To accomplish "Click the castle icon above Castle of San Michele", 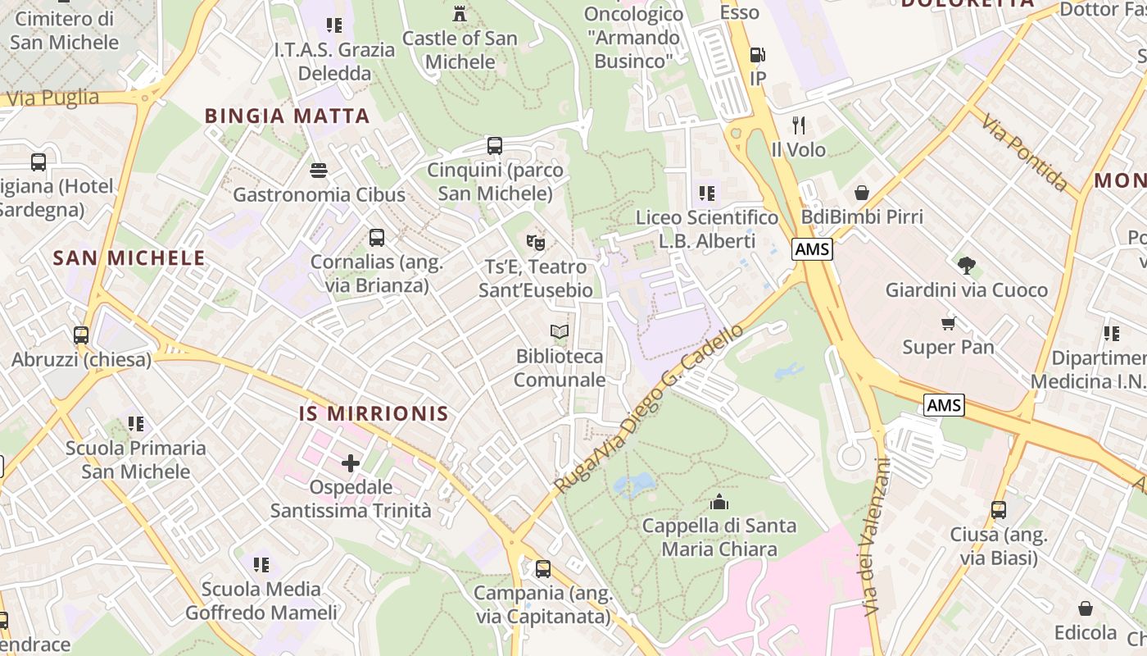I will tap(460, 14).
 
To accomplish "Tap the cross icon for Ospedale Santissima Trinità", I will tap(351, 463).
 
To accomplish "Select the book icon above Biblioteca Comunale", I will tap(560, 332).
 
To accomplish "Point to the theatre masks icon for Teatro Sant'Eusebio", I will tap(536, 242).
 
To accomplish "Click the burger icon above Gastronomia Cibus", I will tap(319, 171).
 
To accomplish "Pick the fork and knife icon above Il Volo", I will tap(799, 125).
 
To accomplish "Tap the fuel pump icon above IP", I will tap(758, 55).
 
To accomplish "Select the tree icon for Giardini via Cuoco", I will tap(967, 265).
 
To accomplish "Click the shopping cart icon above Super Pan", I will tap(948, 323).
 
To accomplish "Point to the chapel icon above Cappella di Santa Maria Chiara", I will tap(719, 501).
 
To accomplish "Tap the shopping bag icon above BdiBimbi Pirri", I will tap(862, 193).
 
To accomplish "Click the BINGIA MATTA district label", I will tap(288, 116).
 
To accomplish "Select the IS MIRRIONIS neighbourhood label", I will tap(374, 413).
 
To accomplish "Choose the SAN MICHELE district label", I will tap(129, 258).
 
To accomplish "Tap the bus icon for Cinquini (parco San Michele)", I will tap(495, 146).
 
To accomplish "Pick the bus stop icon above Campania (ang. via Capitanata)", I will tap(542, 568).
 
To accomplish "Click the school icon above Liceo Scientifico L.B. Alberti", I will tap(707, 194).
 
